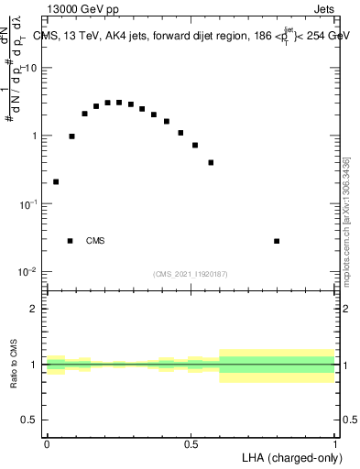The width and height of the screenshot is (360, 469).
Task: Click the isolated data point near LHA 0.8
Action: point(277,241)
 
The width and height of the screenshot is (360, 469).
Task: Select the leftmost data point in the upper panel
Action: point(56,181)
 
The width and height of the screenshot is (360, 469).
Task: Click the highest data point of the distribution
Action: point(119,103)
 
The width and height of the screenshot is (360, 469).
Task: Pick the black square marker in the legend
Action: point(70,241)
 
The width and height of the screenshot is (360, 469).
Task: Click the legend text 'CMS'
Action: point(95,241)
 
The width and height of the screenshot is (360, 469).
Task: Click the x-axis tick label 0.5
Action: point(191,443)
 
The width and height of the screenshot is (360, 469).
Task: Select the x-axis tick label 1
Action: point(335,443)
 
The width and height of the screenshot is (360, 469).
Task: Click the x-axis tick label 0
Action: point(47,443)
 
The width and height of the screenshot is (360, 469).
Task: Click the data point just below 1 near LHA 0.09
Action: point(71,136)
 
